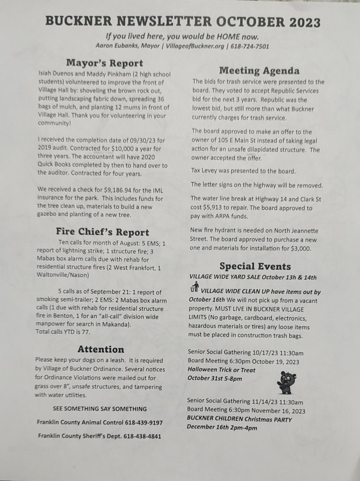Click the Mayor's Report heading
point(104,63)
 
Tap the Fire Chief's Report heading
point(102,232)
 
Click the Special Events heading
point(255,266)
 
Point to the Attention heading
point(101,349)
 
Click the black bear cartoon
point(286,381)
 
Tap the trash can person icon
point(194,287)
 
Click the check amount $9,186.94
point(123,189)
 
